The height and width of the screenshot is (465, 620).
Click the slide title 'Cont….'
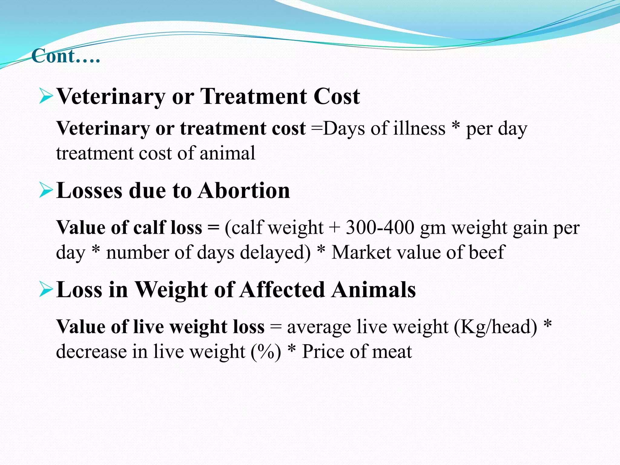[65, 56]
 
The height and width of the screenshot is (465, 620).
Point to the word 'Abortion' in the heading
[244, 191]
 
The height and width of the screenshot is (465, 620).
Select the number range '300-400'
[380, 228]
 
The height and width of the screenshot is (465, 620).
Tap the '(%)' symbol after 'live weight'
[266, 352]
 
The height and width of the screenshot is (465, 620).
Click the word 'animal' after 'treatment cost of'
[227, 153]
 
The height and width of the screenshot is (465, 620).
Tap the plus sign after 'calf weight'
[335, 228]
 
